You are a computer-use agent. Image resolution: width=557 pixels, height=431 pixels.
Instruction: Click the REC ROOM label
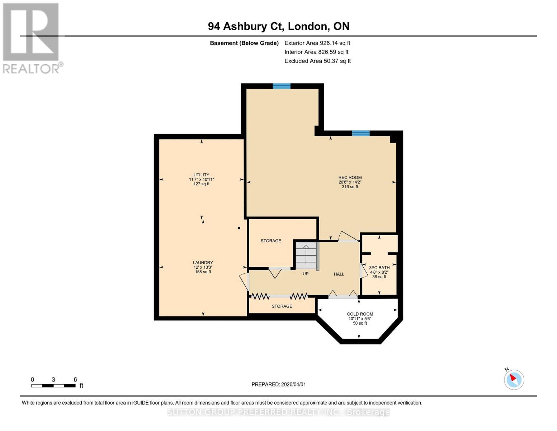(350, 177)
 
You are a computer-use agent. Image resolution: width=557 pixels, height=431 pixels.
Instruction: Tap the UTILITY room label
(201, 175)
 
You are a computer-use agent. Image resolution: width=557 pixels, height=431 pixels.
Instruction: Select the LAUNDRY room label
(203, 263)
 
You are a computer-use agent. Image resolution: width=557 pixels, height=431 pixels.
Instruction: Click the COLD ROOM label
(360, 314)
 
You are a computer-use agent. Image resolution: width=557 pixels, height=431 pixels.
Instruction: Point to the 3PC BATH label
(379, 268)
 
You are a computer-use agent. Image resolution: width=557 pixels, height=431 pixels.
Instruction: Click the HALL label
(339, 274)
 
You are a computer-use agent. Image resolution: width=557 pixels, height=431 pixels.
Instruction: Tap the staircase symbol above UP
(306, 255)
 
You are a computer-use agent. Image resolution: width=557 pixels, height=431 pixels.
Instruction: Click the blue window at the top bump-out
(282, 86)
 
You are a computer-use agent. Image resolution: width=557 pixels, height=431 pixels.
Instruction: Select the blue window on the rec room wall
(360, 133)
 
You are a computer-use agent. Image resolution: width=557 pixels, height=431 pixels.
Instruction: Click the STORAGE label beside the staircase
(271, 241)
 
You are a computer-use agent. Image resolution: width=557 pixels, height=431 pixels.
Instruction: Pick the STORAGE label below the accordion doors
(282, 306)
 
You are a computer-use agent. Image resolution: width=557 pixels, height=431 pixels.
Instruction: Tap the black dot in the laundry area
(239, 228)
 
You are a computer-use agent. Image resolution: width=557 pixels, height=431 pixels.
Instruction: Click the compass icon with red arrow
(514, 379)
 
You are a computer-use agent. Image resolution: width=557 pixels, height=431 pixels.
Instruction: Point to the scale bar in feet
(53, 386)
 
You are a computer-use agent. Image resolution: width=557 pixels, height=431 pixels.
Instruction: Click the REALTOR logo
(32, 38)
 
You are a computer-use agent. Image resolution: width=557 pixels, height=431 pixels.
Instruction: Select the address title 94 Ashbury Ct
(279, 26)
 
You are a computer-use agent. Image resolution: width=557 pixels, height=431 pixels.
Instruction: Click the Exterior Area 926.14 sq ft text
(317, 43)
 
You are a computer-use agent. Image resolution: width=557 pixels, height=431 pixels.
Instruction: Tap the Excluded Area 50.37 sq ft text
(317, 61)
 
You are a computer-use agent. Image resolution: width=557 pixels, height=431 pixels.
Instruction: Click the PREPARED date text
(279, 384)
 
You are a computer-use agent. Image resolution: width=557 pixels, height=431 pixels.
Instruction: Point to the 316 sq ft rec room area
(350, 187)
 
